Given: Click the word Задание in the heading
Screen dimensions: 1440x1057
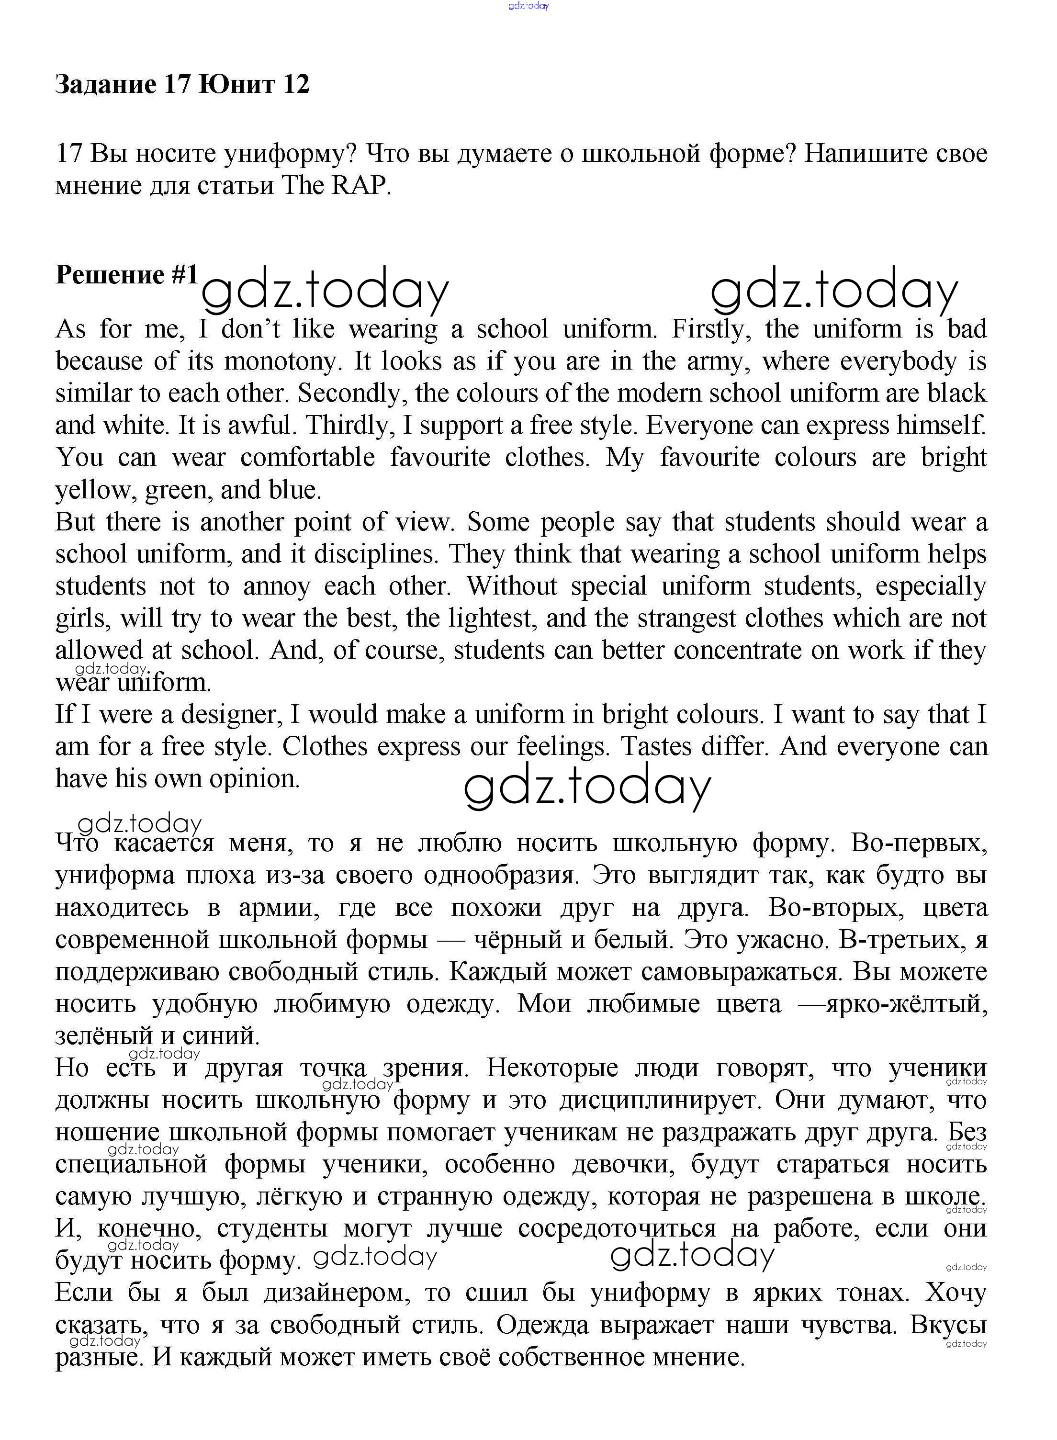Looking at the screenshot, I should [x=106, y=84].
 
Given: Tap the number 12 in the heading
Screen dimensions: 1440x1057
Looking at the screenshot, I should [x=295, y=84].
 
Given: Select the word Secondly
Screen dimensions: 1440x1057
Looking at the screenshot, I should [x=352, y=394].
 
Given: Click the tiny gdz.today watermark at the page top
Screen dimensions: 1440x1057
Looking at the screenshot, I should [x=528, y=6].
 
